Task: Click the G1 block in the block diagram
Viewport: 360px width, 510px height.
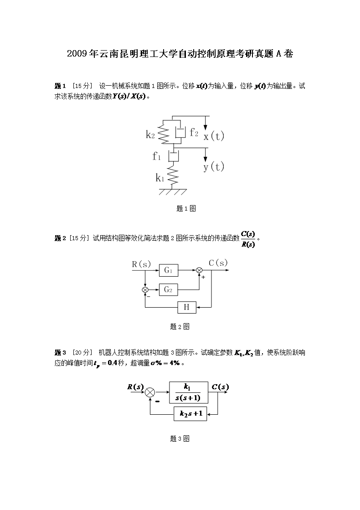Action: (169, 270)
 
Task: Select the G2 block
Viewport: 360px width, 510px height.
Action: (169, 289)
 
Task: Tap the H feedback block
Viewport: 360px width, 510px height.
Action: (186, 307)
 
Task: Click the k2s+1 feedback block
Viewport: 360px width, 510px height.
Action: (190, 414)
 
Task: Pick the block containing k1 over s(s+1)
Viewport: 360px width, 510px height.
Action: (188, 392)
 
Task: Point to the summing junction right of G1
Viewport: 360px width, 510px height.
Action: (199, 270)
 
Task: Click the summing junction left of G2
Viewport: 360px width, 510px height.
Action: (145, 289)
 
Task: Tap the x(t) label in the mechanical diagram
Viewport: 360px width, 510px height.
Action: (214, 136)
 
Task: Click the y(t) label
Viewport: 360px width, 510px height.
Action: (214, 167)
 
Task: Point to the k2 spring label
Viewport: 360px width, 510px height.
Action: (151, 134)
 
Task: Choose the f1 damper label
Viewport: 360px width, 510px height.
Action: (157, 156)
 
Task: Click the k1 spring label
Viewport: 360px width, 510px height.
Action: (159, 178)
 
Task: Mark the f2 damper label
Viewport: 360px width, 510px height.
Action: (194, 133)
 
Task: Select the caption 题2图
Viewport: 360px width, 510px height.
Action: (180, 326)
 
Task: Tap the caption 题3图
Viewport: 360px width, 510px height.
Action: (180, 438)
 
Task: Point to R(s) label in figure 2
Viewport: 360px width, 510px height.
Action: (141, 264)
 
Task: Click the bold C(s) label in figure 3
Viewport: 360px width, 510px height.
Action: (220, 387)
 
